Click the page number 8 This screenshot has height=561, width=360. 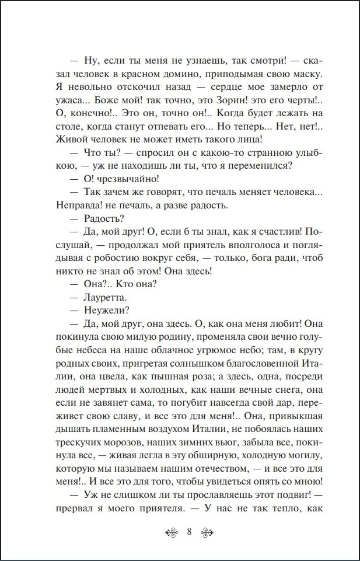point(190,532)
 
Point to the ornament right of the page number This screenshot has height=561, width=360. point(208,532)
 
